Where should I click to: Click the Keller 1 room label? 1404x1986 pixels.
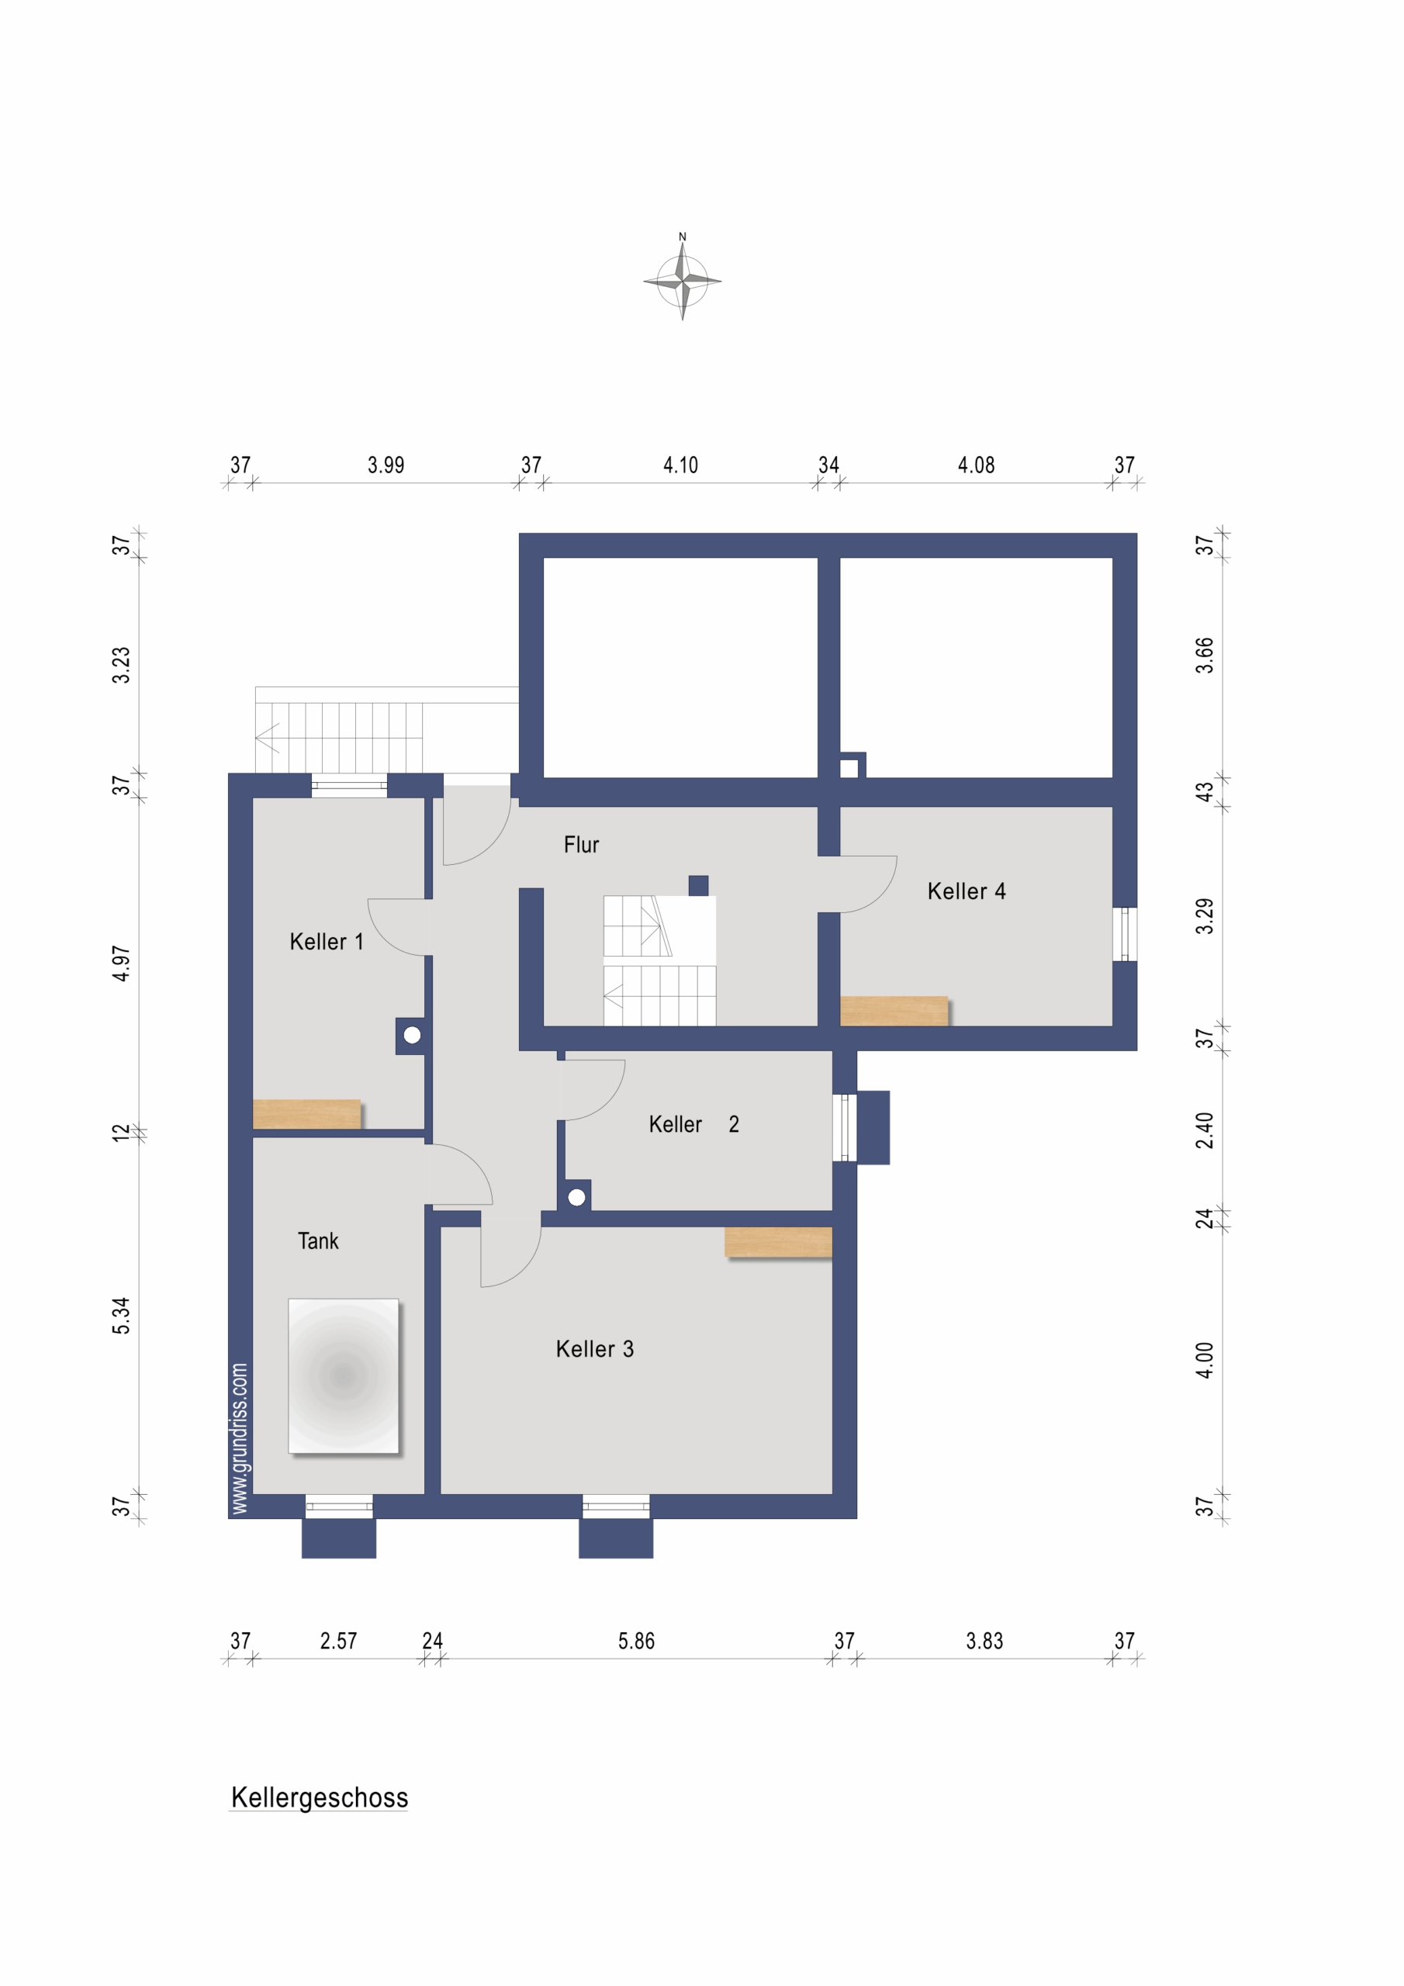(326, 941)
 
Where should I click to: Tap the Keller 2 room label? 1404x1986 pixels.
(693, 1123)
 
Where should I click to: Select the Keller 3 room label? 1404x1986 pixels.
(594, 1348)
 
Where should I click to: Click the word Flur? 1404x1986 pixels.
(581, 844)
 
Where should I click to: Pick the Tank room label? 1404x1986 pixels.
(318, 1240)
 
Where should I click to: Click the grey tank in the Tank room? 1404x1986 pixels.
(344, 1375)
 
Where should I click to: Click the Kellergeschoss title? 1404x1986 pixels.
(320, 1797)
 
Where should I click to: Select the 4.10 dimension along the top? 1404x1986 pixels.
(681, 465)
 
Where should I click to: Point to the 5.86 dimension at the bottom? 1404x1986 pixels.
(636, 1641)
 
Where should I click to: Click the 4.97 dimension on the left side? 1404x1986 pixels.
(121, 964)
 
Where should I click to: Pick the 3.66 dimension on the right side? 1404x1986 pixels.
(1205, 656)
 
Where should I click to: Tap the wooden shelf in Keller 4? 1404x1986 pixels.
(894, 1011)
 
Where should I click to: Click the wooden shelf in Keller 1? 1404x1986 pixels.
(307, 1114)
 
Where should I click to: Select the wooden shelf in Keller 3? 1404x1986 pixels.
(779, 1242)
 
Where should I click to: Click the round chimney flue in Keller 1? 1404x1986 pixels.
(412, 1035)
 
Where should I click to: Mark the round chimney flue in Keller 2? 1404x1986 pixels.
(577, 1197)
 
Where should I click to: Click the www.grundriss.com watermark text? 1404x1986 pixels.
(240, 1438)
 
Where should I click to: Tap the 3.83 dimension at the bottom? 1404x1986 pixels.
(984, 1641)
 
